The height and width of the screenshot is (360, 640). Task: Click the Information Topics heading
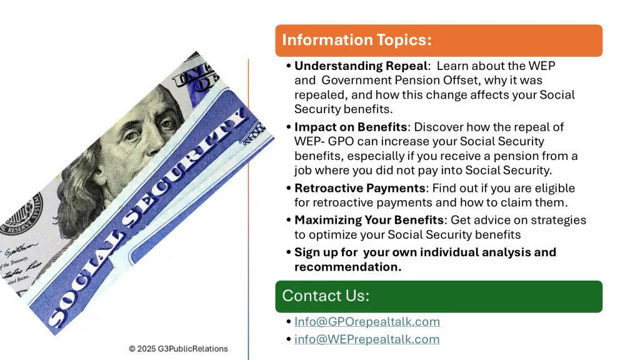pos(357,40)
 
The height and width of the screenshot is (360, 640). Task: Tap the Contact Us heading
pos(325,296)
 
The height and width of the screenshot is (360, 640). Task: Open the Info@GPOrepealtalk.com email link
pos(367,322)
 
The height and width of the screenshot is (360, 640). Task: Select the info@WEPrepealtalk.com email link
pos(367,339)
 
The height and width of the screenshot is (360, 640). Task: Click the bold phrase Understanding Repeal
pos(361,66)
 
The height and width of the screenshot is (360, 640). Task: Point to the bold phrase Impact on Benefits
pos(351,127)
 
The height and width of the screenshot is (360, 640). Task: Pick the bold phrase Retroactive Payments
pos(360,188)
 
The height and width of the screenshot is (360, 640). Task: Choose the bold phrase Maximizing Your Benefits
pos(369,220)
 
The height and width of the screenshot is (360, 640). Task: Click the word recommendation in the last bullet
pos(347,267)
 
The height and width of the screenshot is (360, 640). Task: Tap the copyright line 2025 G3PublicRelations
pos(178,349)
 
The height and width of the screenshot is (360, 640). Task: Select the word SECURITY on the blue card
pos(186,167)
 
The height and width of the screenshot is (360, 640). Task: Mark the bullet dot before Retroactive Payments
pos(289,188)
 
